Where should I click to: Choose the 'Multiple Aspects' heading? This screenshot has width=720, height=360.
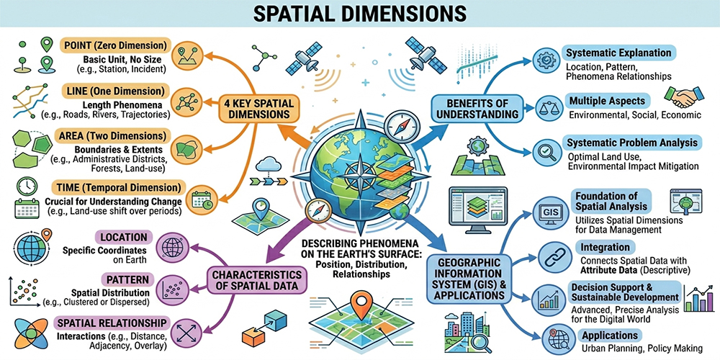coord(607,100)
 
